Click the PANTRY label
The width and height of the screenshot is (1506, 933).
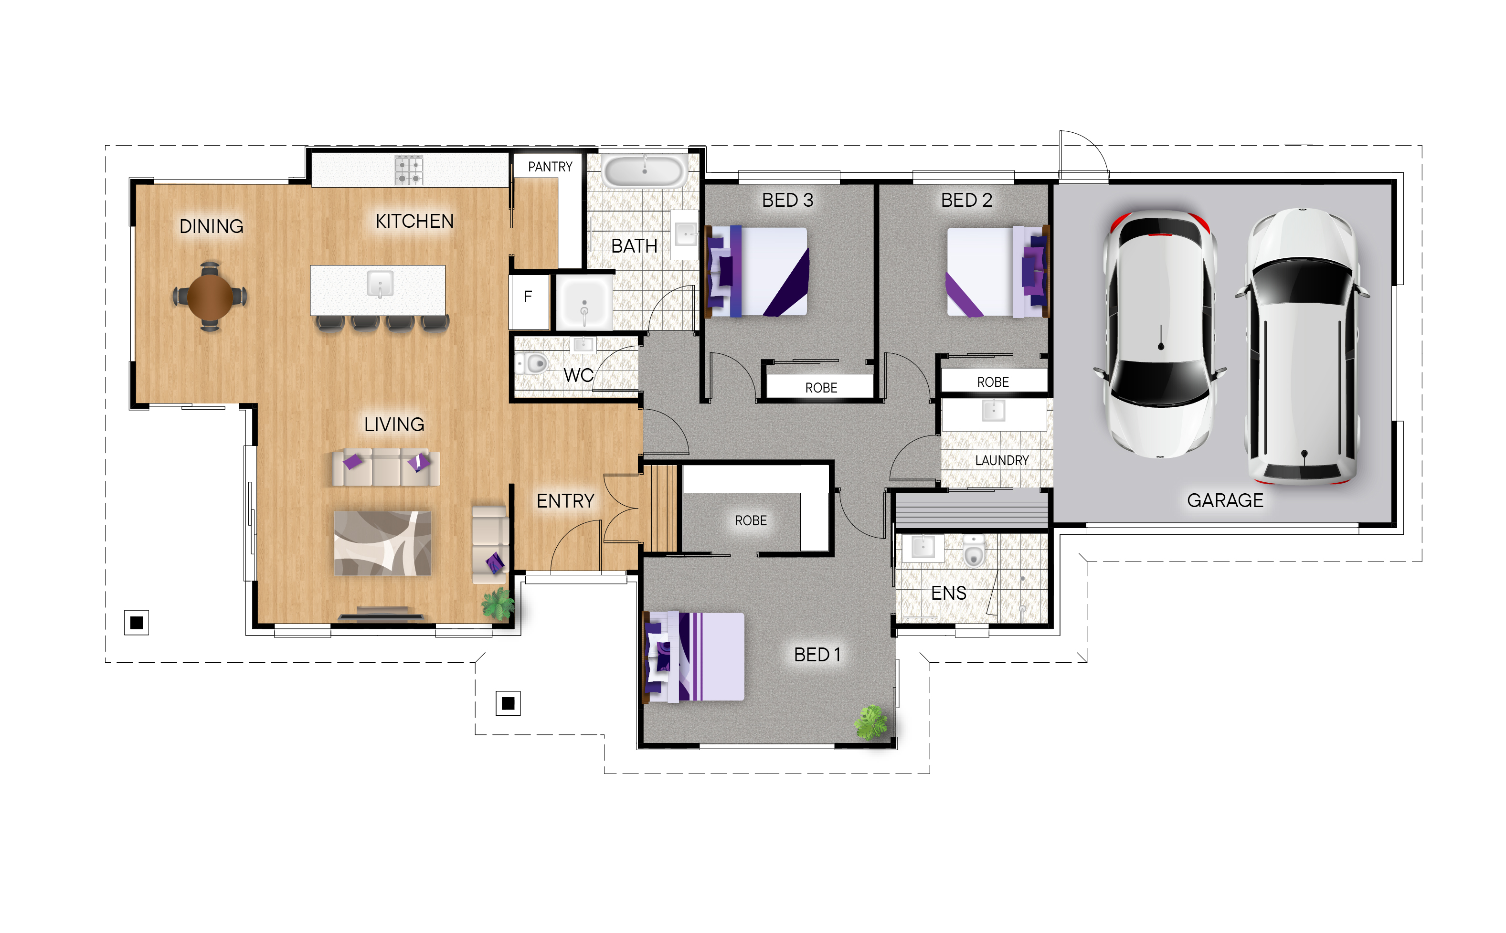coord(549,167)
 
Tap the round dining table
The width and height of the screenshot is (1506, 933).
coord(210,296)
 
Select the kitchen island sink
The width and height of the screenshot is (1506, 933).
coord(380,284)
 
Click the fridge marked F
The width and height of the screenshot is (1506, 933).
coord(528,301)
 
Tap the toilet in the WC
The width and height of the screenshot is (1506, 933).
coord(532,363)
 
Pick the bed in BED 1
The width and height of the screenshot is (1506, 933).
coord(693,656)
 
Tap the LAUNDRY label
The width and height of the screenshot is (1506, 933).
coord(1001,460)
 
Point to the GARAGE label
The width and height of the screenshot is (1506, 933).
coord(1225,500)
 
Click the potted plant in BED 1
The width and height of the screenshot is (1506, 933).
coord(870,722)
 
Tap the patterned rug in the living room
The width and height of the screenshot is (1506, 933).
coord(382,543)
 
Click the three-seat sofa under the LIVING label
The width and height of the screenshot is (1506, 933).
coord(386,467)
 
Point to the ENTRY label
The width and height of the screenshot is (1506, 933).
coord(565,500)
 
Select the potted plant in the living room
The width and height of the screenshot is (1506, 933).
coord(497,604)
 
